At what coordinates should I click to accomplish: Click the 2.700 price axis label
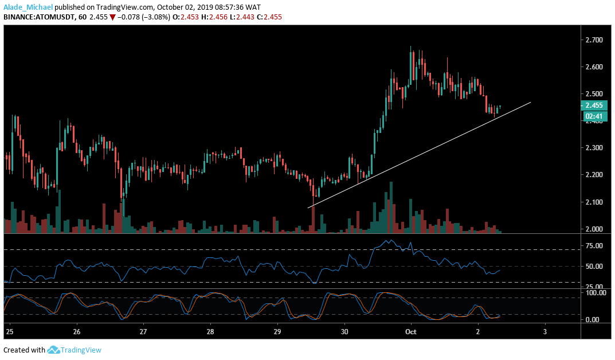tap(593, 40)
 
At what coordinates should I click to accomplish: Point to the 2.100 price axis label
tap(593, 202)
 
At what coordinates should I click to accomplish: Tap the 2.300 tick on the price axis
tap(593, 148)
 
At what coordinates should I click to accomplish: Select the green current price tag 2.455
tap(593, 105)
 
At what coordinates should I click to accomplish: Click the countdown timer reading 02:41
tap(593, 116)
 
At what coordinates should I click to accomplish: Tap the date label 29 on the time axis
tap(277, 332)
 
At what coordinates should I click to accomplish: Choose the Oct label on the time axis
tap(410, 332)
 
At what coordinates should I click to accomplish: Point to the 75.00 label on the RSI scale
tap(593, 246)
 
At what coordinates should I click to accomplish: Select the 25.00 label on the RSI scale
tap(593, 287)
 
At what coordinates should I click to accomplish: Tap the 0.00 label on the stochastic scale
tap(592, 320)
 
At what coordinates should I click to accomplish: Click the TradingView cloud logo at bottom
tap(54, 350)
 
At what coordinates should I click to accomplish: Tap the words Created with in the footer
tap(24, 350)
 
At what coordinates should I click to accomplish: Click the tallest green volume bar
tap(391, 206)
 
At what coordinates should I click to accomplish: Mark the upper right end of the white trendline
tap(531, 102)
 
